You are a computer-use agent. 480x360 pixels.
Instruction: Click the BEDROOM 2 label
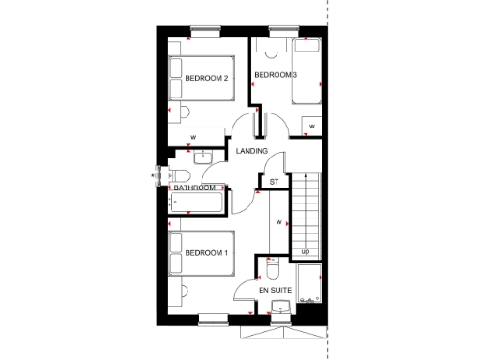[x=206, y=79]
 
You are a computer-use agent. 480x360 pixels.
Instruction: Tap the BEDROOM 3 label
[x=277, y=75]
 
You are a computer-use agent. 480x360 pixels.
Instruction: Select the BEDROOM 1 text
[x=206, y=253]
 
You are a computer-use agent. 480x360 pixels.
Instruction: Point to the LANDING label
[x=252, y=151]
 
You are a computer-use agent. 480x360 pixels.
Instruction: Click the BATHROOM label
[x=195, y=187]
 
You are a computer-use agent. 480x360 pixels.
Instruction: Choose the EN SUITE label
[x=277, y=292]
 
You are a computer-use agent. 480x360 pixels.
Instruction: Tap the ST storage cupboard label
[x=275, y=181]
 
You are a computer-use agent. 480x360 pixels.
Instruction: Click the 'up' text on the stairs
[x=306, y=251]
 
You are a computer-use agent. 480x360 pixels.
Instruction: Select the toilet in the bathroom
[x=181, y=176]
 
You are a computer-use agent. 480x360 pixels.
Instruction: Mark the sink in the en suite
[x=278, y=309]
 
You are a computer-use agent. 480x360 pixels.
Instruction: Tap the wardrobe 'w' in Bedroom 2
[x=193, y=137]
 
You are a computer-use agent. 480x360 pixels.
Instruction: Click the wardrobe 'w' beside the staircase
[x=279, y=221]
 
